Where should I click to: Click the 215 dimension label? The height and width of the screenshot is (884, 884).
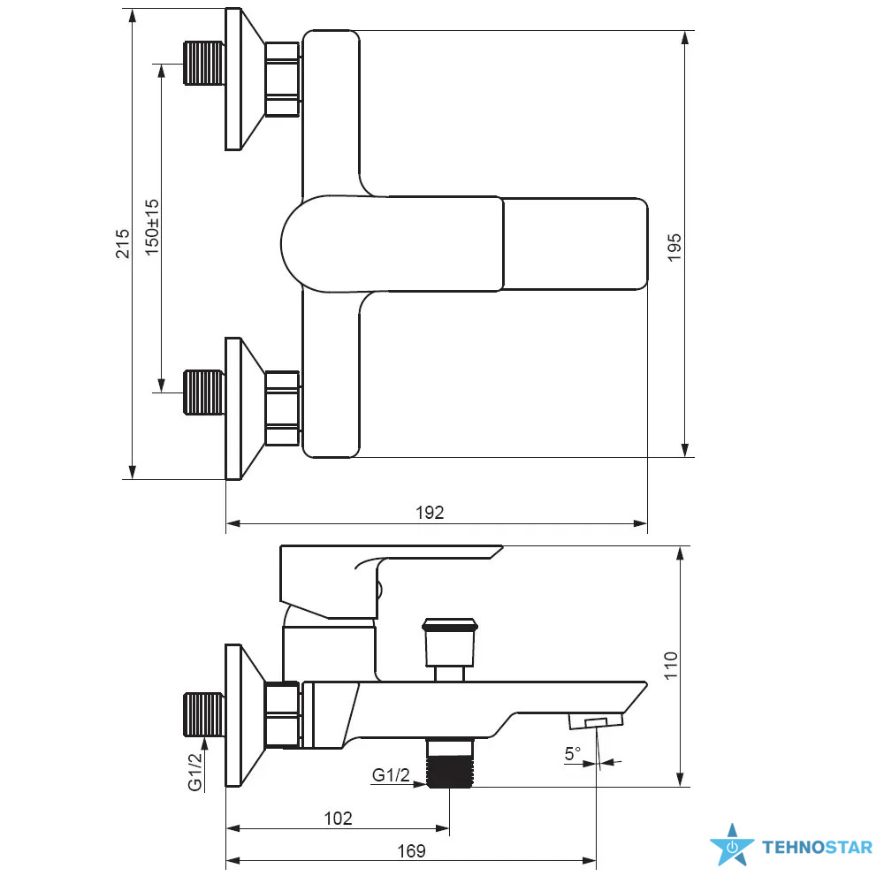click(x=122, y=244)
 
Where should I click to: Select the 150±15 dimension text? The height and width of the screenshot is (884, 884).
click(x=152, y=227)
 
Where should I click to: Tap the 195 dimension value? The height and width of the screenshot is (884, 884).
click(x=674, y=248)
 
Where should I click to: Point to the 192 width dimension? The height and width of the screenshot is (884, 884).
click(x=430, y=513)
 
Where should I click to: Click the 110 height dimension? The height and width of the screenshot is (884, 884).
click(x=670, y=666)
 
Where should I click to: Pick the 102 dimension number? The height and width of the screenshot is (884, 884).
click(x=338, y=818)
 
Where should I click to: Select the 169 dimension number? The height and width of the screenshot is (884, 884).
click(x=411, y=850)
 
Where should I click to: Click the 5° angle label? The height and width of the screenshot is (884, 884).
click(x=572, y=753)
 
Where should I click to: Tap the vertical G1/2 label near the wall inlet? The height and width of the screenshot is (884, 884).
click(x=194, y=772)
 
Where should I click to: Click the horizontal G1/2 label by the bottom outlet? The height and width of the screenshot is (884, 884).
click(x=391, y=775)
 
